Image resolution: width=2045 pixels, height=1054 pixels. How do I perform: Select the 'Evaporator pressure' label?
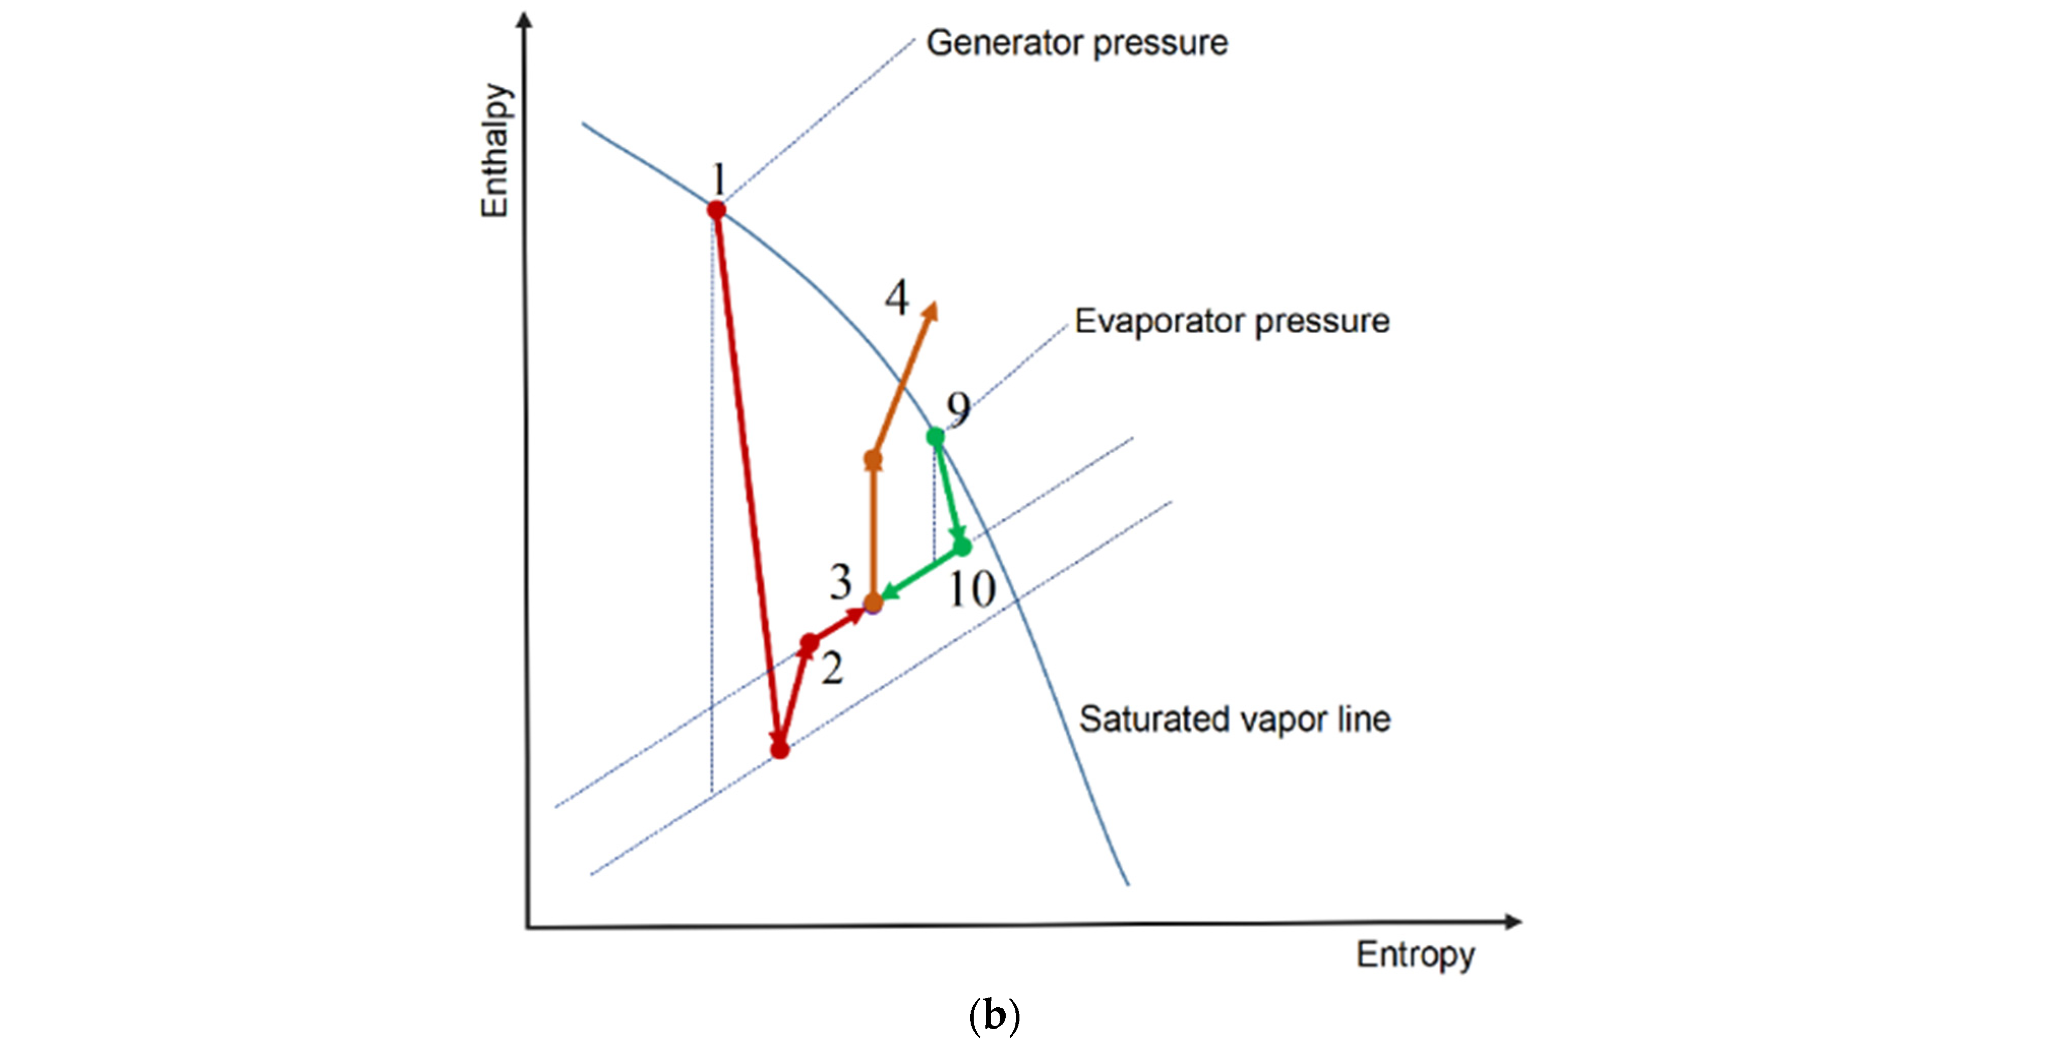point(1231,321)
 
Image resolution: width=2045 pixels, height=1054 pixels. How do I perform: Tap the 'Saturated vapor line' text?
point(1235,719)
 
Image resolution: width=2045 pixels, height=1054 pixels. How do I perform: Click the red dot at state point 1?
point(716,210)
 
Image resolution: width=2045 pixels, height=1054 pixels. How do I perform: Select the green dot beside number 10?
point(962,546)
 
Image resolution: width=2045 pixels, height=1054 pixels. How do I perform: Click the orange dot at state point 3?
point(873,603)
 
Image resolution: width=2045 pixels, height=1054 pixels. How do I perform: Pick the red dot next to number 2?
point(809,643)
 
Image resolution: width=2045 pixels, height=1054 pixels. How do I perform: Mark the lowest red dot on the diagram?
point(779,749)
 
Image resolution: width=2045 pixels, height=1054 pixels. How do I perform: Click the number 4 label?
point(897,298)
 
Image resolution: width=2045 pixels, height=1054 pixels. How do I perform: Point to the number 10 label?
point(972,590)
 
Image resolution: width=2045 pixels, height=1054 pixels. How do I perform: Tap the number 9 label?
point(958,409)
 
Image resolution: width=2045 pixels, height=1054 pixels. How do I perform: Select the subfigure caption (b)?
point(994,1015)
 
